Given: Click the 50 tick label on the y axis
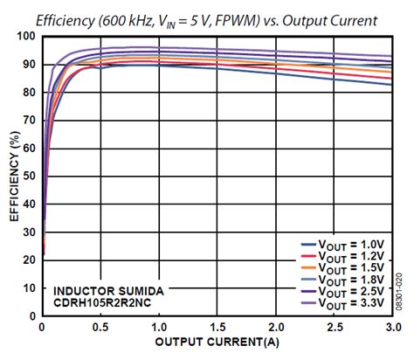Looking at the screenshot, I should point(29,177).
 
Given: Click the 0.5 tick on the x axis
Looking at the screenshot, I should point(100,327).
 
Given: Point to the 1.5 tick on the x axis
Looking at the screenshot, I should point(217,327).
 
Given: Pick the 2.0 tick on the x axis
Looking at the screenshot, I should point(276,327).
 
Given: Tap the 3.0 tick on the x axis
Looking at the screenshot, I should point(392,327).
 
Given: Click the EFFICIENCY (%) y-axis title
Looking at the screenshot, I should point(12,176).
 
